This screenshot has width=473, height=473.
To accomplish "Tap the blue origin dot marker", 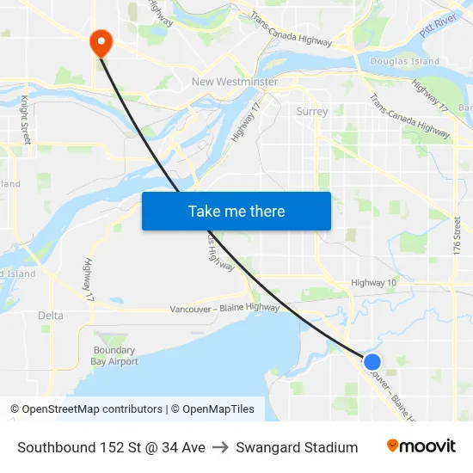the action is coord(372,362).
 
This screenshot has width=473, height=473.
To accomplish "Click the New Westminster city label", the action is coord(235,82).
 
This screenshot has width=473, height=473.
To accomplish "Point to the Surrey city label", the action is coord(311,111).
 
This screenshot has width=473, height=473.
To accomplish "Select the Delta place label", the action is coord(51,316).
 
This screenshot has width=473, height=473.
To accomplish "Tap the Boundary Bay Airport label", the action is coord(114,356).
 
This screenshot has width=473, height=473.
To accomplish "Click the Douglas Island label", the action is coord(404,61).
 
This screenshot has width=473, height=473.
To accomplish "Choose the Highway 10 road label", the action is coord(374,283).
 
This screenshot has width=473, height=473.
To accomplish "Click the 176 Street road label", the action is coord(458,235).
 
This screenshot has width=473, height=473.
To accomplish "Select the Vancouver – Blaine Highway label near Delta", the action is coord(224,308).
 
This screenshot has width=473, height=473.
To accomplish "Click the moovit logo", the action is coord(421,446).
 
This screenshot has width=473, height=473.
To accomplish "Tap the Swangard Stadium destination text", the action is coord(297,447).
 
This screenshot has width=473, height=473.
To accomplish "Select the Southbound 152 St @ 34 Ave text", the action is coord(111,447).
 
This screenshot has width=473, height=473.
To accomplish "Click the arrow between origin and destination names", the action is coord(220,447).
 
